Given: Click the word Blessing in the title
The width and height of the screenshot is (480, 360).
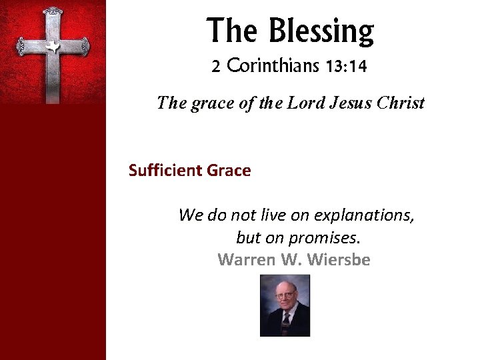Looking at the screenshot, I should coord(321,31).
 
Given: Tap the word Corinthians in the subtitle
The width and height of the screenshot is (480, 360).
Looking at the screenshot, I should coord(273,67).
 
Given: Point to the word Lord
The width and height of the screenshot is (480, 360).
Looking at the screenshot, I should coord(305,103).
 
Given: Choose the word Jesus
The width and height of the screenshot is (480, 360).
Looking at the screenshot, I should coord(351,103).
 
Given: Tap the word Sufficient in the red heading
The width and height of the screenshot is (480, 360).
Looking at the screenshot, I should coord(165,171).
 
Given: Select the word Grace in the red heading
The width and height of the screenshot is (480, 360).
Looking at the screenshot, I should coord(229,171).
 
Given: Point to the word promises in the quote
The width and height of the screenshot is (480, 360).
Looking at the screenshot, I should coord(319,237).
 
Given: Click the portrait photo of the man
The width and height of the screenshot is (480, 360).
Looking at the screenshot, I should coord(285,306).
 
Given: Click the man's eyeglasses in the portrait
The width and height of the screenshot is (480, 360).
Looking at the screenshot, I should coord(285,295).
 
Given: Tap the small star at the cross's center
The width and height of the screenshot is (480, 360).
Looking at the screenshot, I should coord(52,46).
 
